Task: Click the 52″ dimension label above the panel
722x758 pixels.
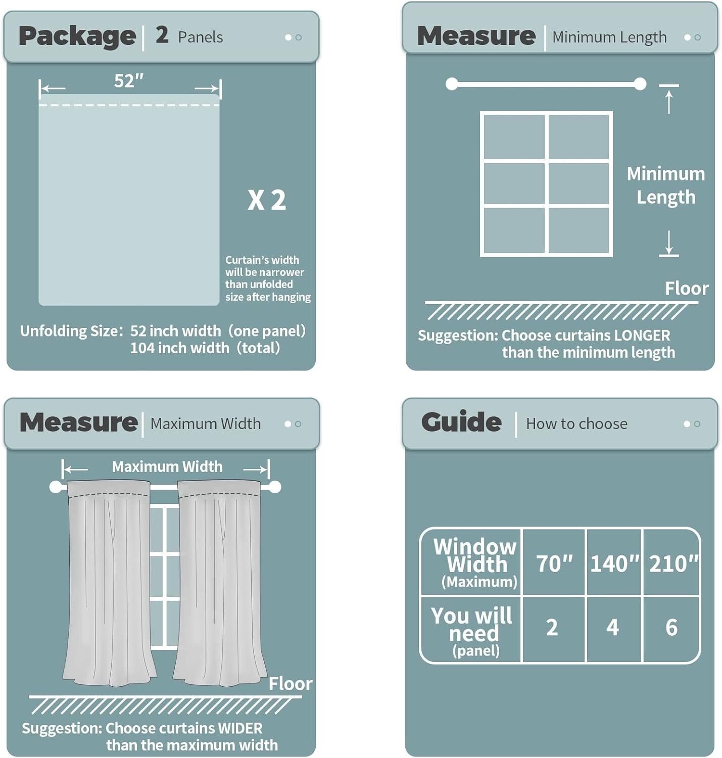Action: (129, 81)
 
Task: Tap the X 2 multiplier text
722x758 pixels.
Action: (267, 200)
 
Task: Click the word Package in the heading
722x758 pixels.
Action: (77, 36)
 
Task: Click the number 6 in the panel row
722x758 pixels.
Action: (671, 628)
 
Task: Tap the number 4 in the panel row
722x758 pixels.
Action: (612, 628)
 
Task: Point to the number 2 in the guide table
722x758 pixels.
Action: (552, 628)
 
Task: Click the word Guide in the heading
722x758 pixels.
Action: (461, 422)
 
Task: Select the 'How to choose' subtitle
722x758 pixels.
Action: (576, 423)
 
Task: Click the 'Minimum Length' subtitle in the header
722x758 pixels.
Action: (609, 37)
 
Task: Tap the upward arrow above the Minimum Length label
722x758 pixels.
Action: (669, 101)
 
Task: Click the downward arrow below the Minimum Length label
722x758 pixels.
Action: (669, 243)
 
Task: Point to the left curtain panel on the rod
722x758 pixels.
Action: (109, 581)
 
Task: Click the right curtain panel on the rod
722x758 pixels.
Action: (220, 581)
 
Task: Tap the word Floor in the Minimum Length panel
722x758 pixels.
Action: (686, 289)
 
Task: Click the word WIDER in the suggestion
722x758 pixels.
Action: (233, 728)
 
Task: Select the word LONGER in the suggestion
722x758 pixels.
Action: (641, 335)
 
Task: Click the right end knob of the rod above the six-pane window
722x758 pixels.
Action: (640, 84)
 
